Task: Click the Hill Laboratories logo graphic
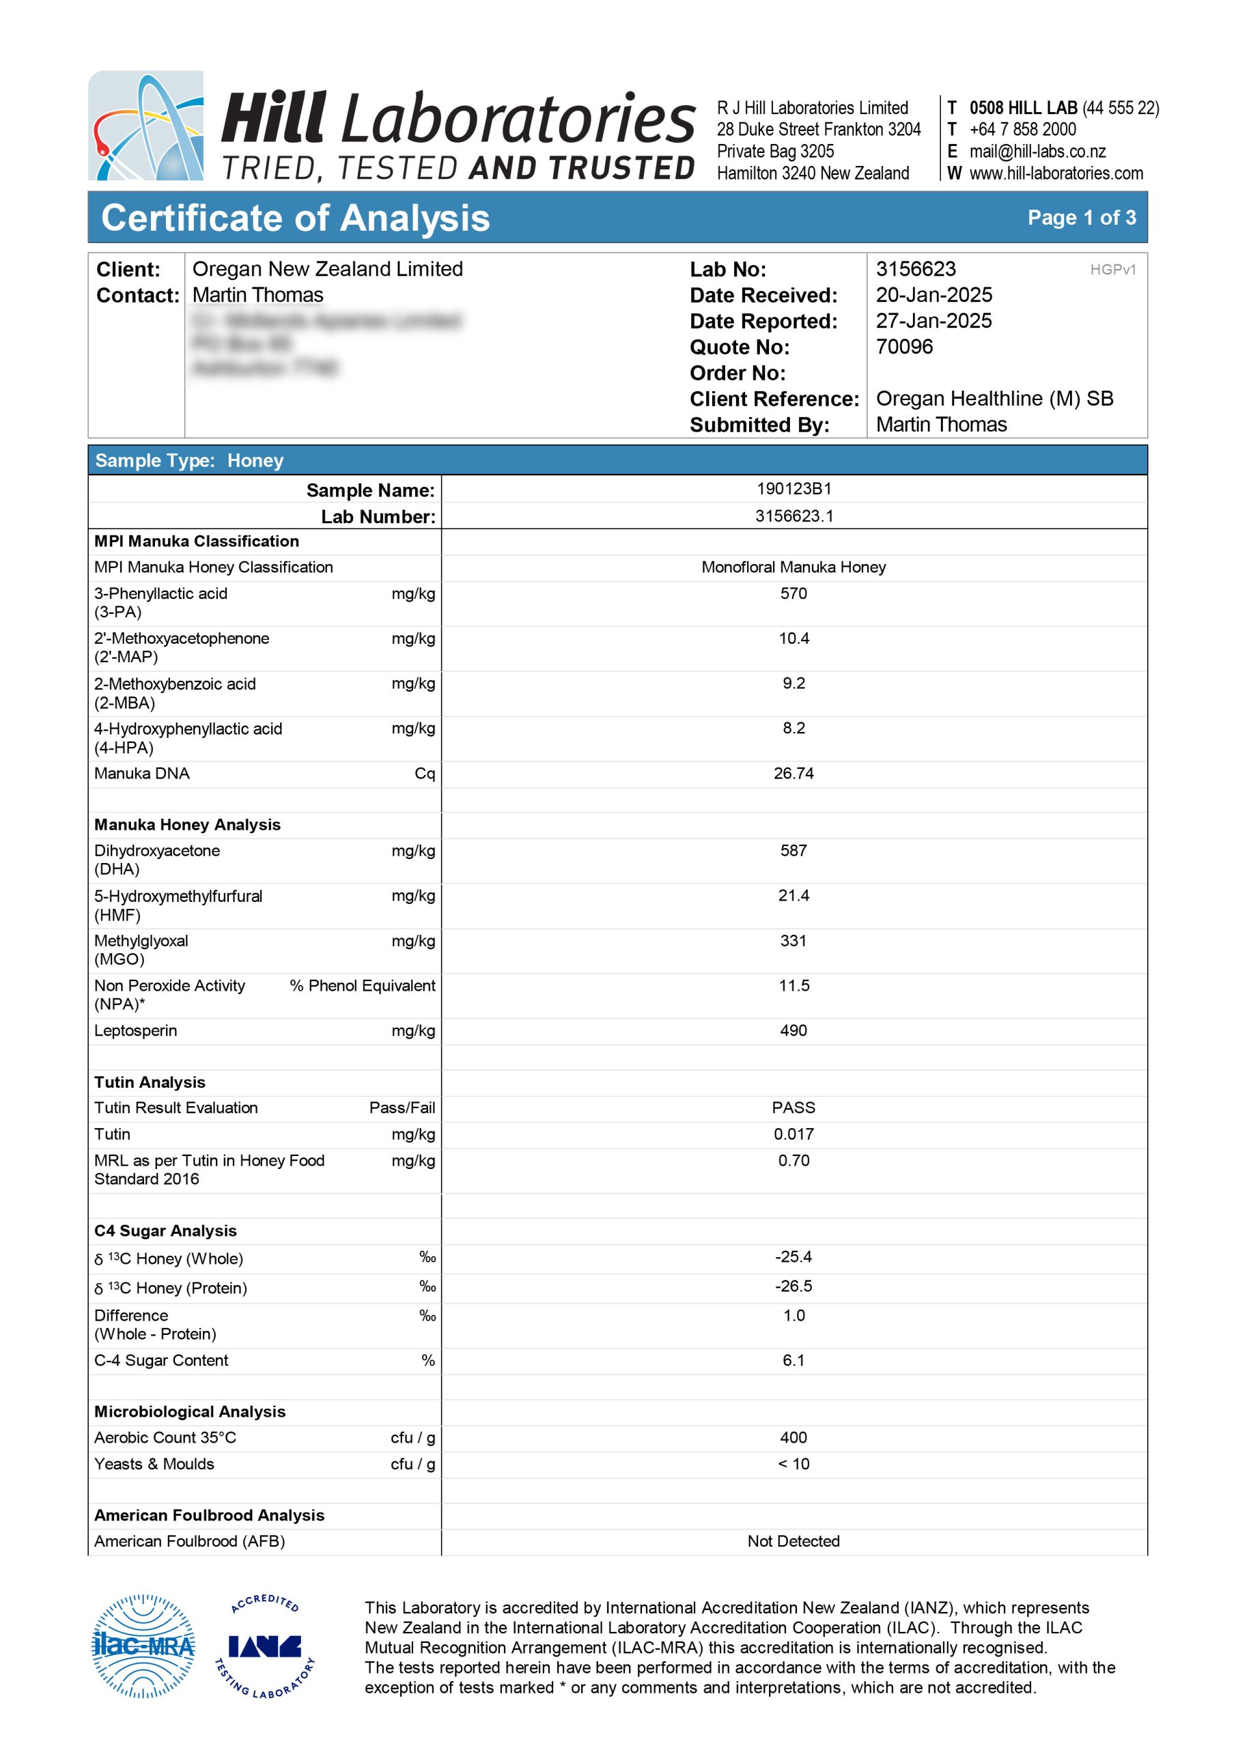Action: (x=145, y=126)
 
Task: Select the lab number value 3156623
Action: (x=915, y=269)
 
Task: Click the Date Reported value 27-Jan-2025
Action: (x=933, y=320)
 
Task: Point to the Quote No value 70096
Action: (x=904, y=346)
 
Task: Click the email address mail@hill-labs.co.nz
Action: (x=1037, y=152)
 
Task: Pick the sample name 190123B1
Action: (x=793, y=489)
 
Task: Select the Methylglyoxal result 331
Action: (x=793, y=940)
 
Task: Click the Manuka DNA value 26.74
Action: (x=793, y=774)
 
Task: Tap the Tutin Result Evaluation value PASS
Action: (x=793, y=1108)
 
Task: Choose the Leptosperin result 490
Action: (x=793, y=1030)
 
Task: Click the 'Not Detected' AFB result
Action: (x=793, y=1541)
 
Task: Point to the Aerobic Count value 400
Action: (x=793, y=1437)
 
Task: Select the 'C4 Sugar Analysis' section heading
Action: (x=165, y=1231)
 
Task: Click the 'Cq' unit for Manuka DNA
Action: (x=424, y=774)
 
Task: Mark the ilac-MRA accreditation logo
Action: (x=143, y=1646)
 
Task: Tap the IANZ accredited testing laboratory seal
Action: (x=264, y=1646)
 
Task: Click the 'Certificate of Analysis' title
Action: (x=296, y=218)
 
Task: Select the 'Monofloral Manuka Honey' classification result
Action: (x=793, y=567)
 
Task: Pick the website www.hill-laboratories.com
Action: (x=1056, y=173)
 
